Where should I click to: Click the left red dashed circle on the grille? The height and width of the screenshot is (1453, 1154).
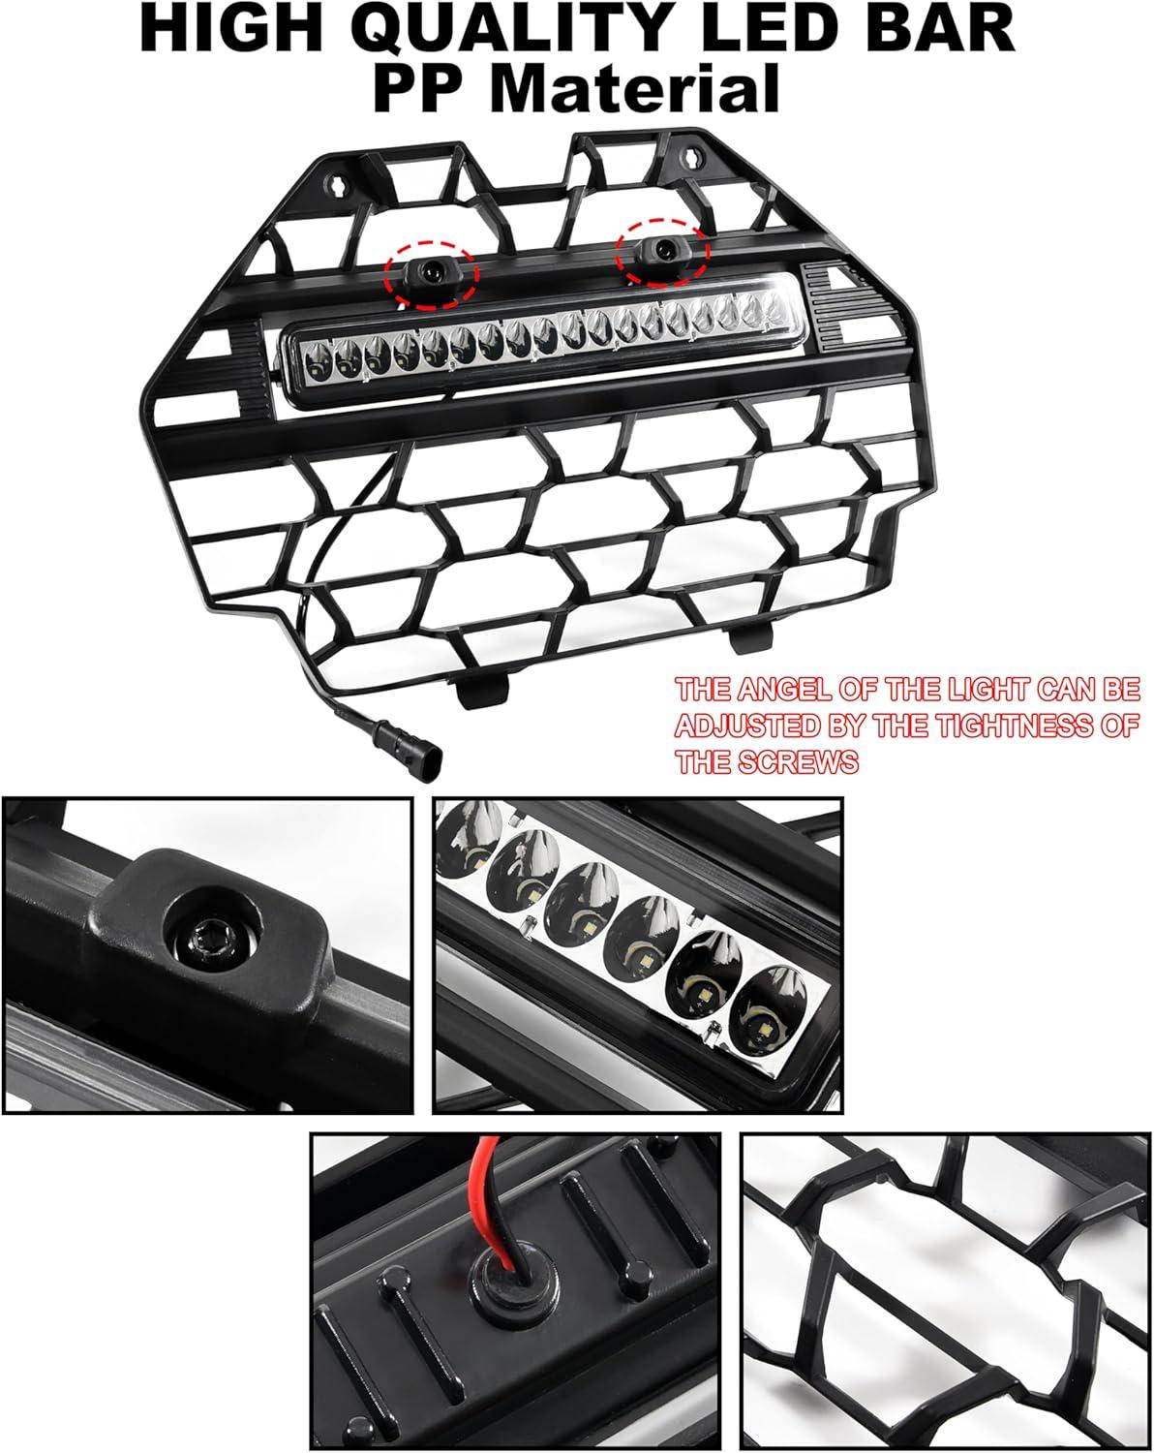pyautogui.click(x=432, y=275)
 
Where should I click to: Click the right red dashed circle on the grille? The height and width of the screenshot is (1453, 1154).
pyautogui.click(x=662, y=252)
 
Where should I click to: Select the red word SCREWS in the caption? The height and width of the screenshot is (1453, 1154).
pyautogui.click(x=797, y=762)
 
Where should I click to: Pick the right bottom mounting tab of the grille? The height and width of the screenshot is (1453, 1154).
pyautogui.click(x=750, y=636)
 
